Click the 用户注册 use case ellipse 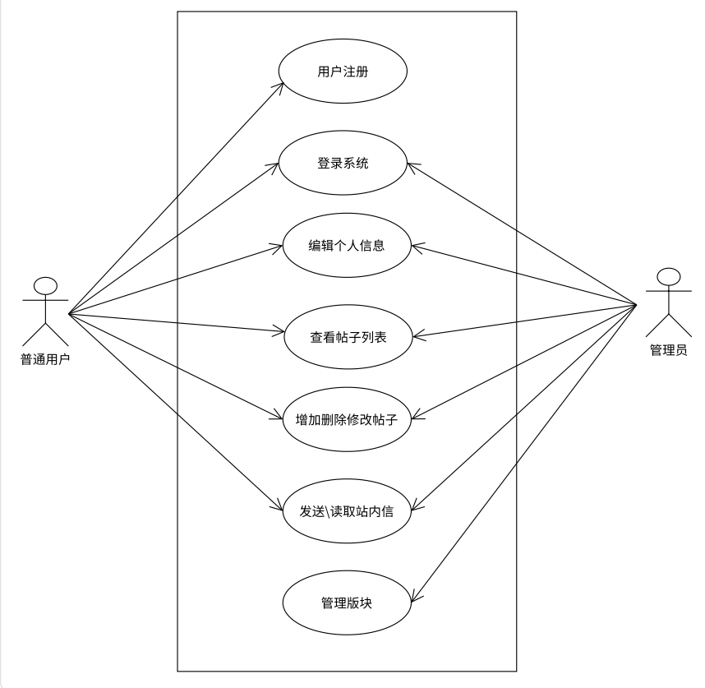343,72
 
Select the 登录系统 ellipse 343,163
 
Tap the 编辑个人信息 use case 346,245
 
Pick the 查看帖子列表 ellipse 348,336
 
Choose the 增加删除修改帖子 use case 346,419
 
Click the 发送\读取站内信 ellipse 347,511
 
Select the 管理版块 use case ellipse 346,603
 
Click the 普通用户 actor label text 45,358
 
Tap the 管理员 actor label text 668,349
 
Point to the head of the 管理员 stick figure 669,276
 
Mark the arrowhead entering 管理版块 410,599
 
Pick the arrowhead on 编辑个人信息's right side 413,246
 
